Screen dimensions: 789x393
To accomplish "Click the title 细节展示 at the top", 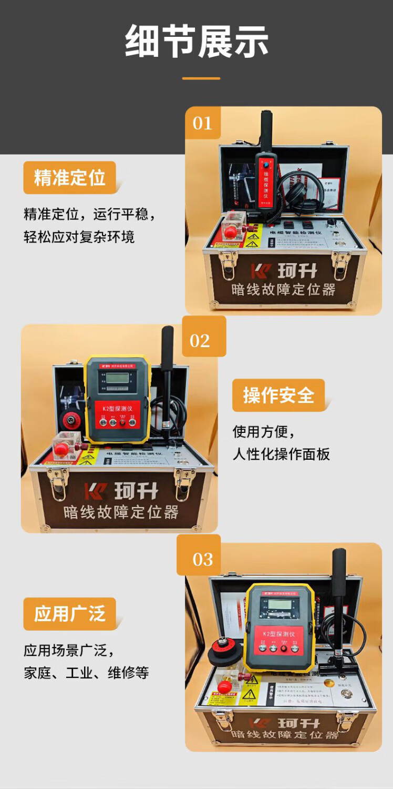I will coord(196,42).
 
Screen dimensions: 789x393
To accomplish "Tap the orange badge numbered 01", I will coord(202,123).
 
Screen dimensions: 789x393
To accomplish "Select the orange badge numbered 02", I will coord(200,340).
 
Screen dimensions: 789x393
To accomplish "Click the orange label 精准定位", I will coord(69,178).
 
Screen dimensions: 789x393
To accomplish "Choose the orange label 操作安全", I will coord(278,395).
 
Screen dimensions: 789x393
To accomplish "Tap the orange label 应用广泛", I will coord(69,613).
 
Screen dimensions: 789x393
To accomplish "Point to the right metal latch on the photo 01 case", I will coord(340,262).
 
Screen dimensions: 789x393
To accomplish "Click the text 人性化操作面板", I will coord(281,454).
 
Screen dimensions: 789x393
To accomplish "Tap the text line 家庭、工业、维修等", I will coord(86,673).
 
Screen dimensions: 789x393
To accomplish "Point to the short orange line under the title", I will coord(201,78).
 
